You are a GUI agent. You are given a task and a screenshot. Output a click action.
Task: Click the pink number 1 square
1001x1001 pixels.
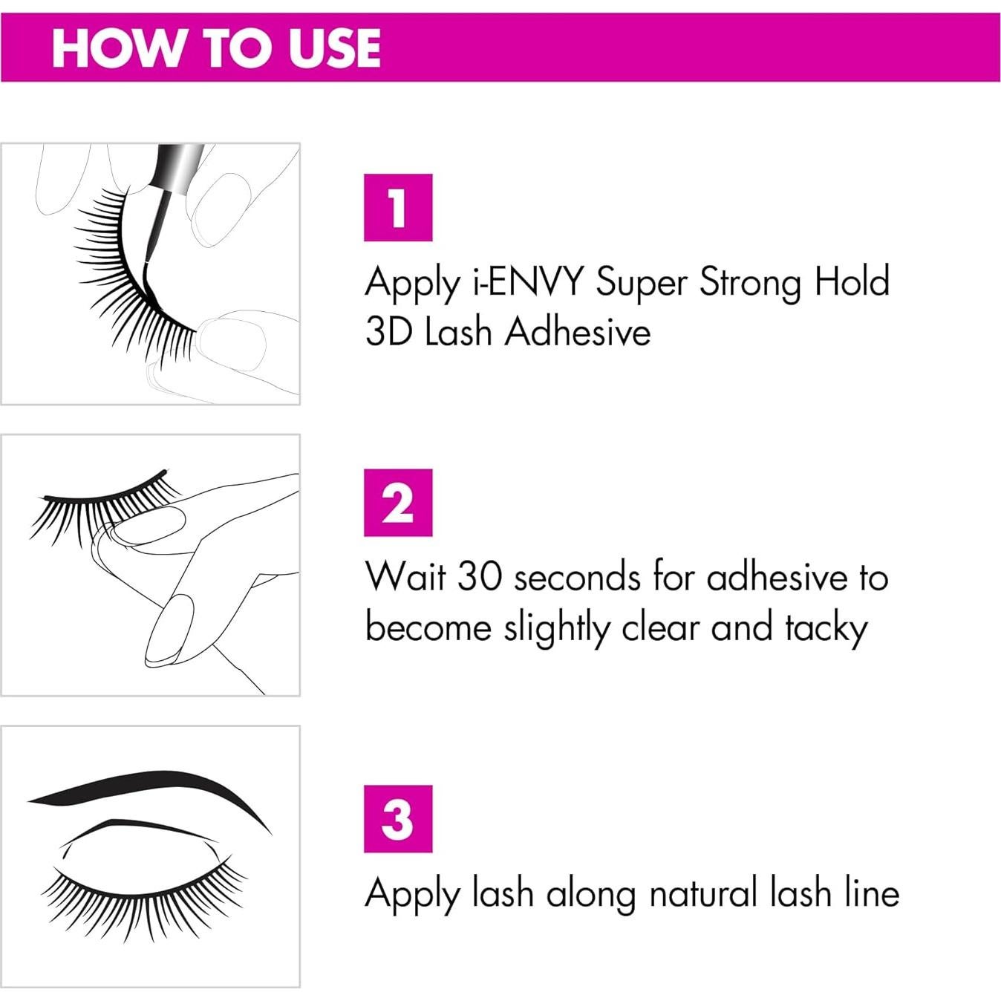point(397,207)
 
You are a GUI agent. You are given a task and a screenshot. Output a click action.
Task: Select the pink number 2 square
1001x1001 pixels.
point(397,503)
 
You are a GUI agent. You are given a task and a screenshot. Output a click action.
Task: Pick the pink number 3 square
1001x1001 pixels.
point(397,818)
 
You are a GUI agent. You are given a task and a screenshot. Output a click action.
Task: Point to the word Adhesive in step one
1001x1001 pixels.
point(578,332)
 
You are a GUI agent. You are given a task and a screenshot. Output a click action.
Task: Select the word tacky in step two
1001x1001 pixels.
point(826,629)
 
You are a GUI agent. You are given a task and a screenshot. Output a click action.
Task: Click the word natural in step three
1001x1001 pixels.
point(704,893)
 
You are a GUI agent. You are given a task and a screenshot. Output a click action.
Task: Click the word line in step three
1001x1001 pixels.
point(872,893)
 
